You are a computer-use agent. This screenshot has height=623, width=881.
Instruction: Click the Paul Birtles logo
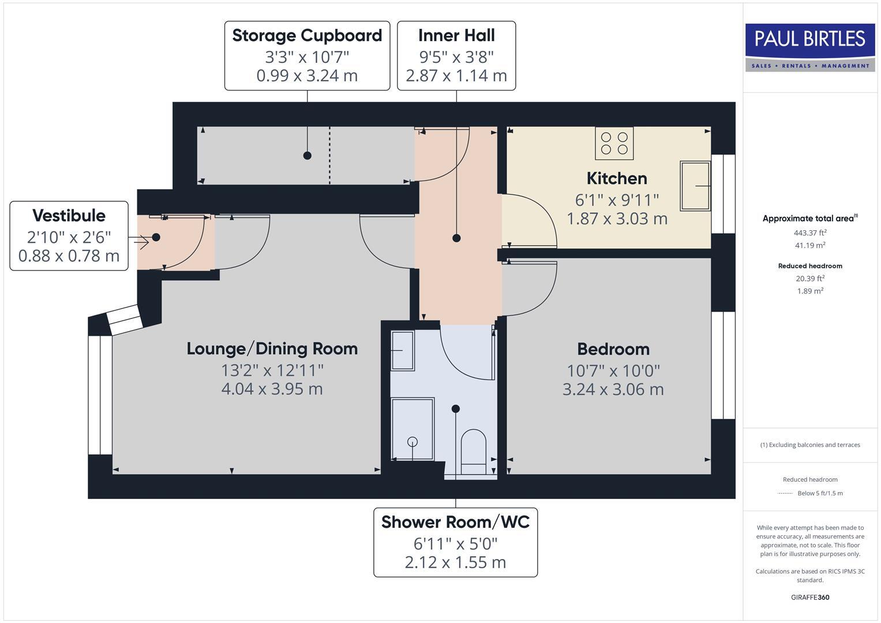point(809,47)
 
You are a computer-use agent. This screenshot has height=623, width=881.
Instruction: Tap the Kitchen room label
point(617,178)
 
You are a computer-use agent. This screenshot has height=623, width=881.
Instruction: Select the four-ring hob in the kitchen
point(614,143)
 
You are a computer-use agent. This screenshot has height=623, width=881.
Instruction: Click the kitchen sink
point(695,186)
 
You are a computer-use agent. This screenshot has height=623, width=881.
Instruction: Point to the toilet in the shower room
point(474,451)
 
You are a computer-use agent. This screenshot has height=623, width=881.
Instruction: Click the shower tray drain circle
point(413,442)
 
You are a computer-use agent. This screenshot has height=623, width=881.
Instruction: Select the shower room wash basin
point(402,350)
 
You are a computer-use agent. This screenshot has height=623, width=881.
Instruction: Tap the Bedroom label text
point(613,349)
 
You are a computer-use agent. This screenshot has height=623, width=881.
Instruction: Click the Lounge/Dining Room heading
point(272,348)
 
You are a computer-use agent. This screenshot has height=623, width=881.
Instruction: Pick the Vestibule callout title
point(69,216)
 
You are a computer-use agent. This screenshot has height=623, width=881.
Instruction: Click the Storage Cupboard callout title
point(307,36)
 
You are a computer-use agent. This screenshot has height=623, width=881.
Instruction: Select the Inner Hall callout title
point(456,36)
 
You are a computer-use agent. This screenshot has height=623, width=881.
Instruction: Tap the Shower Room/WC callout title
point(455,522)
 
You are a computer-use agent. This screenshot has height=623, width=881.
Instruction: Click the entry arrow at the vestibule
point(141,242)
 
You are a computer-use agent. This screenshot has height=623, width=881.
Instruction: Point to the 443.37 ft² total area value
point(810,233)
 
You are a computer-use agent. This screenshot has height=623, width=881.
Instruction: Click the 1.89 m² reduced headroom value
point(810,291)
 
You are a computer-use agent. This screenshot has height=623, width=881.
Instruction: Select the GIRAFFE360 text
point(810,597)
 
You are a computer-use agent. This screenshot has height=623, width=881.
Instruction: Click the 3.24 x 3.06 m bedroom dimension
point(613,389)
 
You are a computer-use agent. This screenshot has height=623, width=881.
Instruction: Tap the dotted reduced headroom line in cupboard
point(329,156)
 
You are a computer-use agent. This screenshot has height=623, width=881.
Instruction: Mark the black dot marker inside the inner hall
point(456,238)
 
